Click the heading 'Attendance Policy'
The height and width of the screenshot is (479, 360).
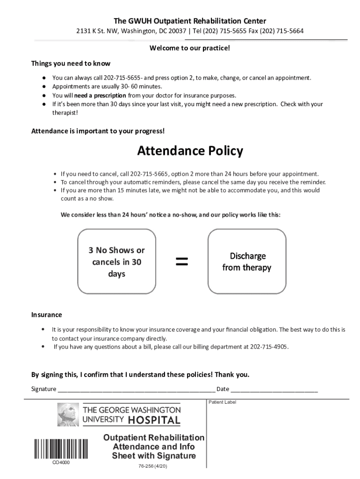point(190,151)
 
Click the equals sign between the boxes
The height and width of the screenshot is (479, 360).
point(182,262)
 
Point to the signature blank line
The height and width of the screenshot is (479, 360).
point(136,390)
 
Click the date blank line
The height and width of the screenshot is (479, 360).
point(274,390)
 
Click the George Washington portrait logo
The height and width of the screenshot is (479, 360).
point(68,414)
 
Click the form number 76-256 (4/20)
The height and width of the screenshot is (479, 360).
point(153,467)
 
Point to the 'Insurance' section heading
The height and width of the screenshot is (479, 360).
point(46,315)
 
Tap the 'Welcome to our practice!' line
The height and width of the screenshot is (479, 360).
point(189,48)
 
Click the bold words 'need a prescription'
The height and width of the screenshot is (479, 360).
point(100,95)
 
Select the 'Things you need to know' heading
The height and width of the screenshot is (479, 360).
point(71,63)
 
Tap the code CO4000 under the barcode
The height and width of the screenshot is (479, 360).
point(61,463)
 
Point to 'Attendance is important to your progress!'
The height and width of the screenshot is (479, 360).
point(98,131)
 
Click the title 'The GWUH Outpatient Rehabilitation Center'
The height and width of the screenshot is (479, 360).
point(190,21)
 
